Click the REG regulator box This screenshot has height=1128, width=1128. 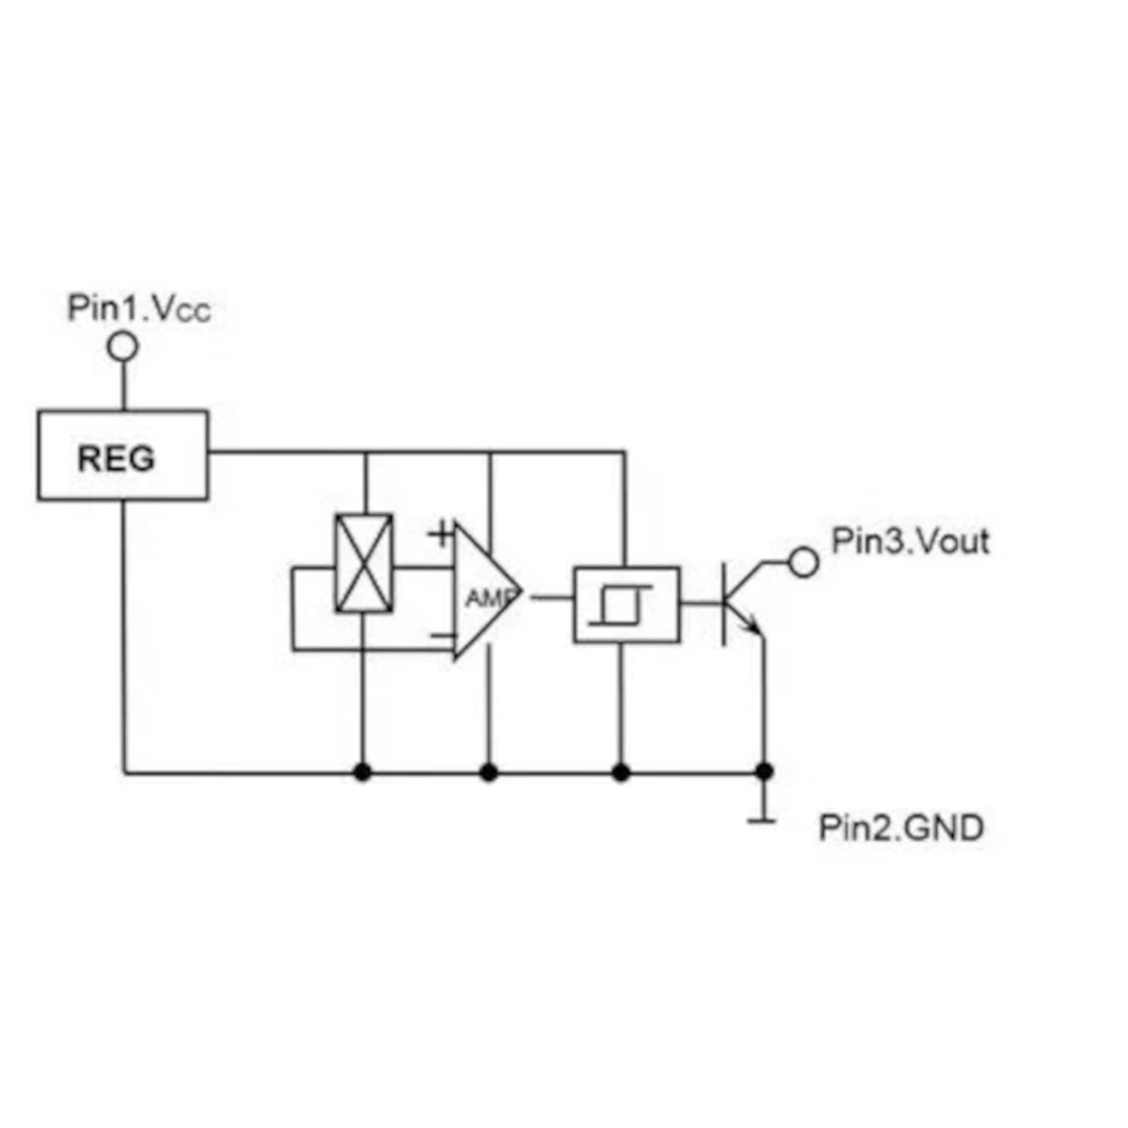point(123,456)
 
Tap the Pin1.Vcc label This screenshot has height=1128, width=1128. point(139,308)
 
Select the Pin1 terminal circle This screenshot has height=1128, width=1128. point(124,347)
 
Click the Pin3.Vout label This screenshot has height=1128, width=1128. point(910,541)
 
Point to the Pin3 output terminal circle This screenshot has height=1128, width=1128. point(804,562)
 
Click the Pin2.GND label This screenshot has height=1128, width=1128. point(901,828)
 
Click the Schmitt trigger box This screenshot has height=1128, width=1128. point(626,605)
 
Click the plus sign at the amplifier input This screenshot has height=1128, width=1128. point(441,535)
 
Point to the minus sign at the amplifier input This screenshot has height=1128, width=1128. point(441,636)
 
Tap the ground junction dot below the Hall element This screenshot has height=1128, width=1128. point(363,772)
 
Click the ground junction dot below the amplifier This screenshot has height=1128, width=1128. point(489,772)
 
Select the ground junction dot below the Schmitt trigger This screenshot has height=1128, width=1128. point(621,772)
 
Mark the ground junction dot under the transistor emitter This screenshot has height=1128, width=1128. point(765,772)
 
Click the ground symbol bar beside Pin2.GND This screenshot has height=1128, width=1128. point(763,820)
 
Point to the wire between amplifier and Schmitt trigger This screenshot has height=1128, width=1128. point(552,599)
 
